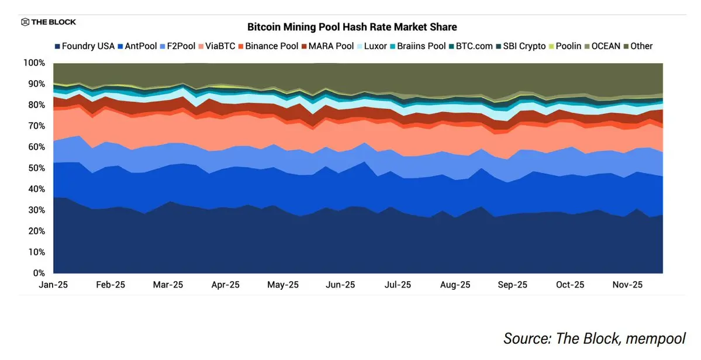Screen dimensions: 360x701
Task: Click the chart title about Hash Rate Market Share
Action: tap(352, 27)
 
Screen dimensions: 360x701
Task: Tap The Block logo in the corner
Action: tap(49, 22)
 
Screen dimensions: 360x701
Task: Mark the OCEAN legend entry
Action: tap(601, 46)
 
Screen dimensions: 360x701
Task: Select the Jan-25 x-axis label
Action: tap(53, 285)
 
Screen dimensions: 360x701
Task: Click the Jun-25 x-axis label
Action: tap(340, 285)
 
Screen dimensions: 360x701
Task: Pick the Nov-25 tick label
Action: tap(627, 285)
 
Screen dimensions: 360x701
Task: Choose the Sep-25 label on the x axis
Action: tap(512, 285)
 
